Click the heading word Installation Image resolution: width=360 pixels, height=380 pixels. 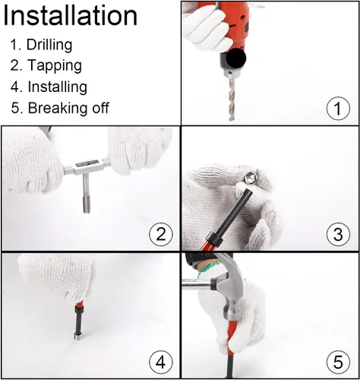point(71,16)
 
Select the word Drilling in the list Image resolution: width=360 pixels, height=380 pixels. point(49,45)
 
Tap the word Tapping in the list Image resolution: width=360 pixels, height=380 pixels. point(55,65)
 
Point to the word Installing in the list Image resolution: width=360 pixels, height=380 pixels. point(58,87)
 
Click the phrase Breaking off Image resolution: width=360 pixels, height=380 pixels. point(68,108)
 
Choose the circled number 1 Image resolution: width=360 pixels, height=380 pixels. point(338,108)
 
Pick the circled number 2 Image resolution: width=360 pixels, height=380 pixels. point(161,234)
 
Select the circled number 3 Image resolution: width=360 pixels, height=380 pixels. point(338,234)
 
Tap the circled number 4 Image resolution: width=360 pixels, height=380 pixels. point(161,362)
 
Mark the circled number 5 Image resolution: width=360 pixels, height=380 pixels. point(338,362)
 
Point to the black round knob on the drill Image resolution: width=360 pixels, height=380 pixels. point(236,58)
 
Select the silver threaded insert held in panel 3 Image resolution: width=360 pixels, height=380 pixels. point(251,177)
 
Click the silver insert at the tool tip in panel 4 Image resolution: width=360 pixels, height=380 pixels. point(77,337)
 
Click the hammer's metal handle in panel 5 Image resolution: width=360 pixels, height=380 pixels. point(197,283)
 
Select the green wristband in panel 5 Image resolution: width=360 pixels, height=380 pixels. point(207,268)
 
